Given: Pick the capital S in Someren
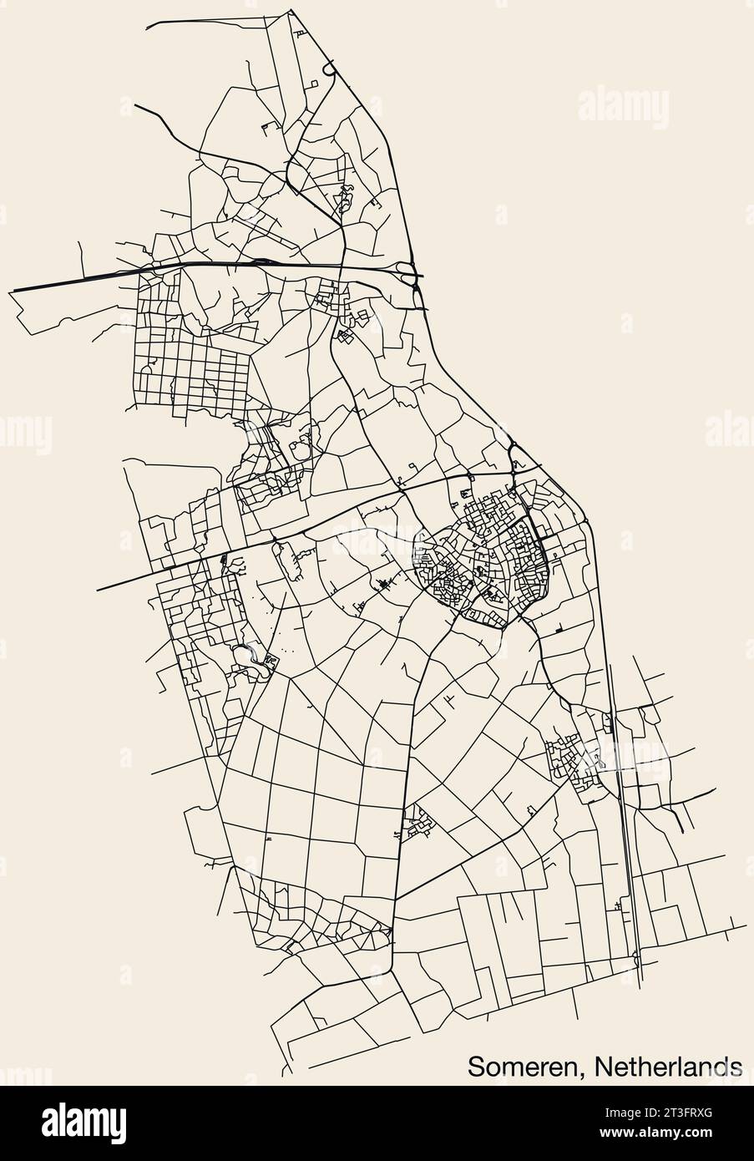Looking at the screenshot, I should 476,1067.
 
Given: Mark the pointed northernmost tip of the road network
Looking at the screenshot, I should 291,11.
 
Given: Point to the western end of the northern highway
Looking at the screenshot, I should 12,291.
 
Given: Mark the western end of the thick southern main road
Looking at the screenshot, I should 99,590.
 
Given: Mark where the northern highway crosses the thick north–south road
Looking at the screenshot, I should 345,266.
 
